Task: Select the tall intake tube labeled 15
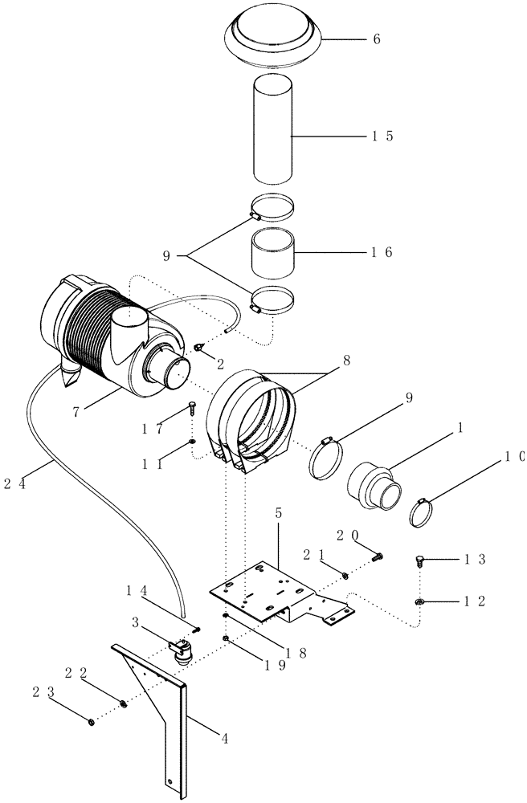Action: click(274, 128)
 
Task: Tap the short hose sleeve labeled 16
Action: click(272, 252)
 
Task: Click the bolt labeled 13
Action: click(421, 560)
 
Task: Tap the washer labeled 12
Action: click(419, 601)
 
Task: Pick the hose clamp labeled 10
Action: click(422, 512)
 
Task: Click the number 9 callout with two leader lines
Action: click(166, 256)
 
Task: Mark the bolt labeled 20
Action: click(378, 555)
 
